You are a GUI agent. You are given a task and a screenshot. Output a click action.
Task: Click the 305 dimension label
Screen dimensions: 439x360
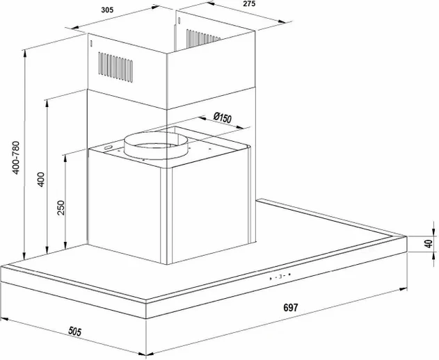[x=107, y=10]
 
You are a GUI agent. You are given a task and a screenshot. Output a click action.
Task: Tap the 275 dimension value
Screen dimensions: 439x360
[x=249, y=3]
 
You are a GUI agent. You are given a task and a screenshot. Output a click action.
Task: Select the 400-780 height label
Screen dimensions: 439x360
[x=16, y=158]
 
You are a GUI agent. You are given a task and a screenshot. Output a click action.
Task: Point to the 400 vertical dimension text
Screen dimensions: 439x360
[x=40, y=179]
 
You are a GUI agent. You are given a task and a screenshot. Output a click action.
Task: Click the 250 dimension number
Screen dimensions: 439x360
[x=61, y=208]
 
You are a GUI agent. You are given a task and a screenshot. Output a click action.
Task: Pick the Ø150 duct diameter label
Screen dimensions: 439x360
[x=223, y=117]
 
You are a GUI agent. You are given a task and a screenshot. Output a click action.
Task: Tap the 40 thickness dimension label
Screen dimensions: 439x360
[x=429, y=243]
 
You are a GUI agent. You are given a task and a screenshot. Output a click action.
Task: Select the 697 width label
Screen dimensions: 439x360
[x=291, y=308]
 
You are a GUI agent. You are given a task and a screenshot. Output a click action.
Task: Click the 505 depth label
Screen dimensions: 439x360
[x=74, y=332]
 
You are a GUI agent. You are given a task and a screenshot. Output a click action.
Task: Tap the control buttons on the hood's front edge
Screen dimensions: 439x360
[x=280, y=277]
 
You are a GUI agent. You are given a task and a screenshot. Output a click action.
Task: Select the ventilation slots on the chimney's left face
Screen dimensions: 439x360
[x=115, y=67]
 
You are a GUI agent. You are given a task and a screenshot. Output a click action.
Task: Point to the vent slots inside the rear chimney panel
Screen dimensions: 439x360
[x=204, y=38]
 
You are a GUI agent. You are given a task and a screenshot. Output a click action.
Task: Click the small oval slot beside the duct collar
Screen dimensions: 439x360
[x=108, y=148]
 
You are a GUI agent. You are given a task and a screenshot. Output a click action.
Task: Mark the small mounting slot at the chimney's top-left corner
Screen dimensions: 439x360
[x=91, y=44]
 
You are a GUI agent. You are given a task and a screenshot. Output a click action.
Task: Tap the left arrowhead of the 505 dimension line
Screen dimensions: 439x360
[x=5, y=320]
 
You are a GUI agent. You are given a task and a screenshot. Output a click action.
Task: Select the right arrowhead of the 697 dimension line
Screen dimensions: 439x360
[x=403, y=288]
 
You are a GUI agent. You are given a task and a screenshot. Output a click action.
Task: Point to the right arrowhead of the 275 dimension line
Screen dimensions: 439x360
[x=282, y=22]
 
